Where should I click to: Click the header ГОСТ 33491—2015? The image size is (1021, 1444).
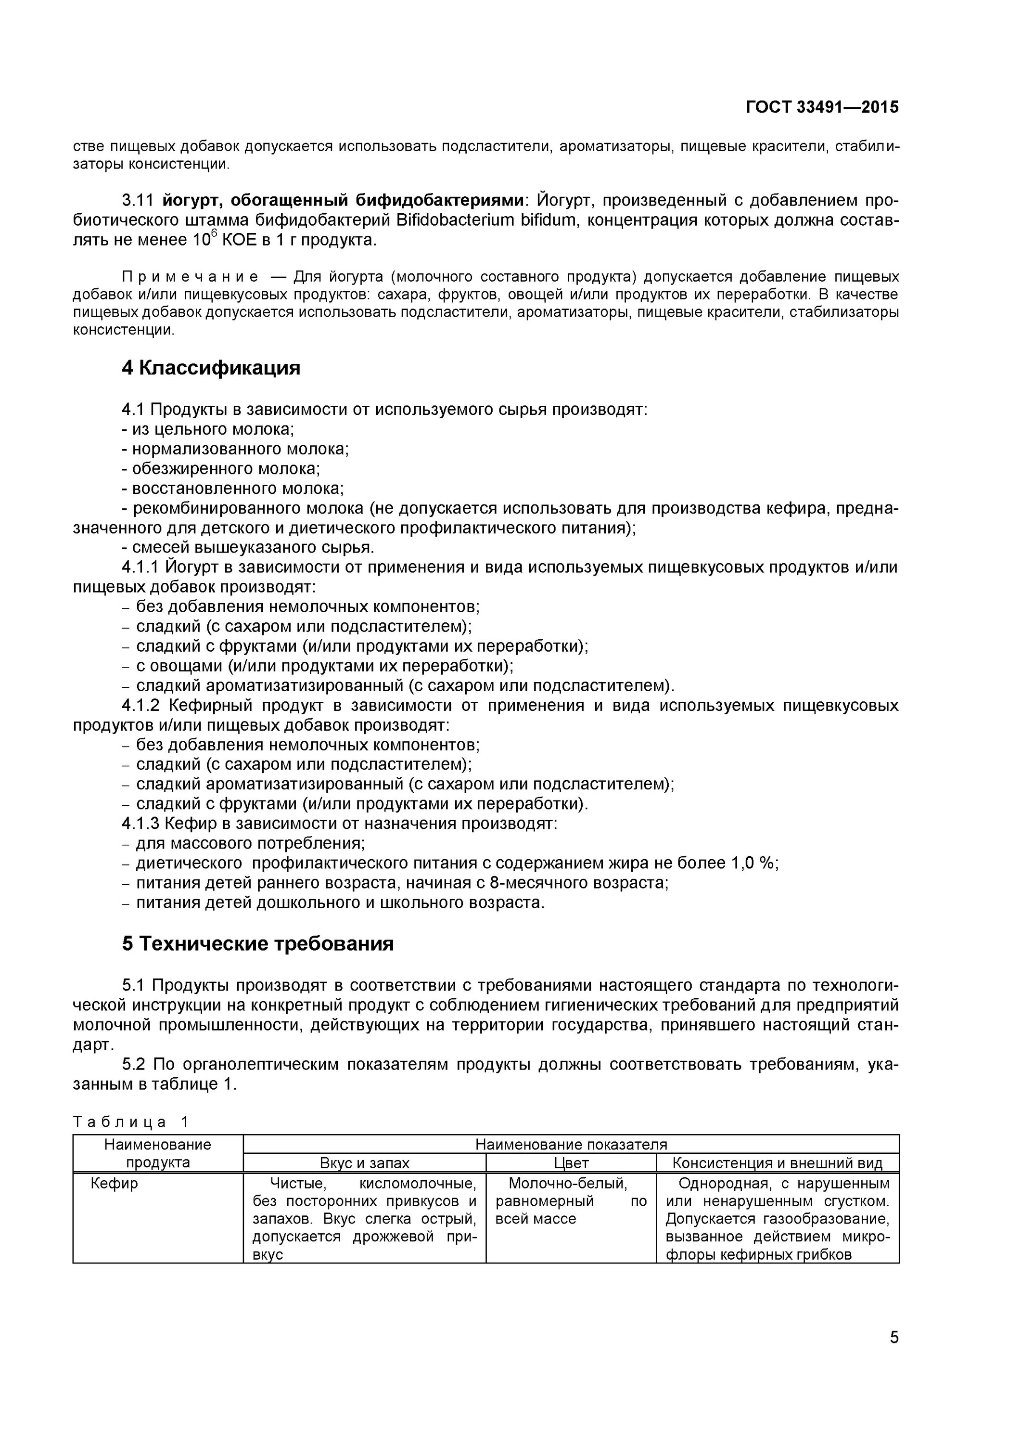(x=822, y=107)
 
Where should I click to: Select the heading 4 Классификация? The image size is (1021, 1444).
(x=211, y=368)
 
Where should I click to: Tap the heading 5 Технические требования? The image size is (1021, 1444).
(x=258, y=943)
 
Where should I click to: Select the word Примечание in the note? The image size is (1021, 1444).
(x=190, y=277)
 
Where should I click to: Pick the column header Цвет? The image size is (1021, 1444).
(x=571, y=1163)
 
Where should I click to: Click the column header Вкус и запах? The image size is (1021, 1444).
(x=365, y=1163)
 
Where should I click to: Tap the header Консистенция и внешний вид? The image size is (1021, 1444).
(x=777, y=1163)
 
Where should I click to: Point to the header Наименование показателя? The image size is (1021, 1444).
(x=571, y=1145)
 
